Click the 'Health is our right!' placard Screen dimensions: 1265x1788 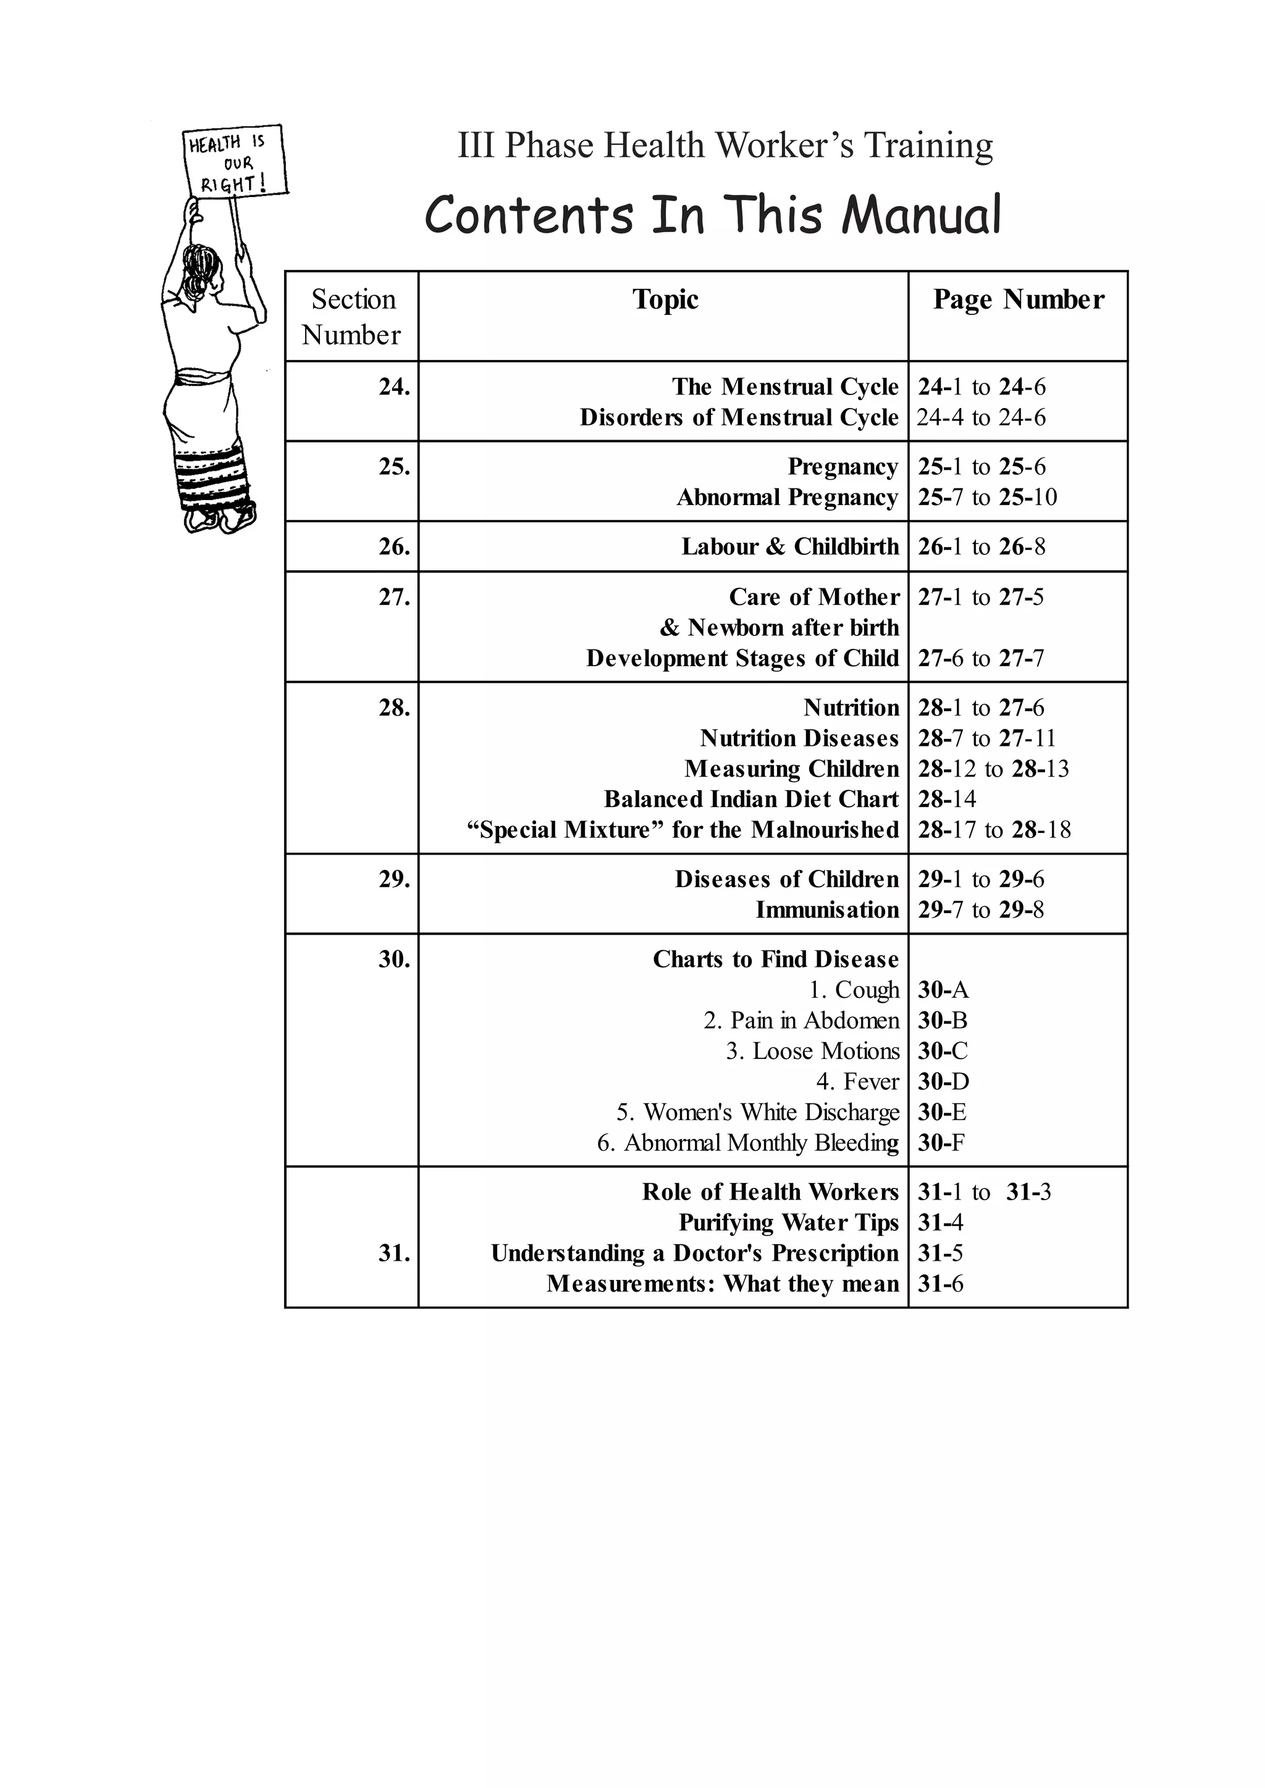click(233, 162)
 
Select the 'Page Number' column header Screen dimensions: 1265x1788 click(1018, 300)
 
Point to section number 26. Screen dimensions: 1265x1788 click(394, 546)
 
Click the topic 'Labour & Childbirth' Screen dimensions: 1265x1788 click(790, 546)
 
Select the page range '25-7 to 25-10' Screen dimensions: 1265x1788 click(987, 497)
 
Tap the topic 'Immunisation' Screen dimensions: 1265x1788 click(826, 909)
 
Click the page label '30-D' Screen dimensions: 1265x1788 click(943, 1082)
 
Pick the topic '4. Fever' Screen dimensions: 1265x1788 click(857, 1082)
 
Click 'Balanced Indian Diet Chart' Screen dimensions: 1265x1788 click(751, 799)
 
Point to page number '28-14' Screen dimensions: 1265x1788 click(946, 799)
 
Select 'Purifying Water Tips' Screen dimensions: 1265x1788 click(788, 1222)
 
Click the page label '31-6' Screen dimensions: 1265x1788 click(940, 1284)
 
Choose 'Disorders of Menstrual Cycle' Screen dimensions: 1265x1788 click(739, 417)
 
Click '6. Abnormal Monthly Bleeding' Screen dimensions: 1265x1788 click(748, 1142)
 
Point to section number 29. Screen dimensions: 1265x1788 click(394, 879)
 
